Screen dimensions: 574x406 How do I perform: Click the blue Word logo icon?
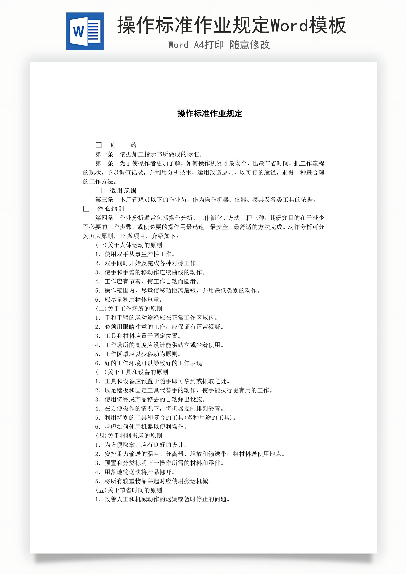(x=85, y=32)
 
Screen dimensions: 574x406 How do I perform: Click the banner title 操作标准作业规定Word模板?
(x=232, y=25)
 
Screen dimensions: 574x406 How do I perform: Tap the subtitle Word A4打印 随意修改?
(x=219, y=45)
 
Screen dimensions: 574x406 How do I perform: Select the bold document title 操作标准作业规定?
(x=210, y=114)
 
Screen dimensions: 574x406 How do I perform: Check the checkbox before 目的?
(x=99, y=145)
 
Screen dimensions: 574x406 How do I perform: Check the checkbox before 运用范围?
(x=99, y=191)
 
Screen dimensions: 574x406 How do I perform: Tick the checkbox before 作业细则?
(x=86, y=209)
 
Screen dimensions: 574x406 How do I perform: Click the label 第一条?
(x=104, y=154)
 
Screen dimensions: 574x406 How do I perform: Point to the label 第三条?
(x=104, y=200)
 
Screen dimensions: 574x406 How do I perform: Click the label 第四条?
(x=104, y=218)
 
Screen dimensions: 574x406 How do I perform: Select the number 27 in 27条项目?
(x=122, y=236)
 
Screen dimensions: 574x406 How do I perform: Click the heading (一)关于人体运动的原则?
(x=129, y=245)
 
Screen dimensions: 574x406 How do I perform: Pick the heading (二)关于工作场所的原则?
(x=129, y=309)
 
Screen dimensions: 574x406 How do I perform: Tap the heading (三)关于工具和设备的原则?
(x=132, y=372)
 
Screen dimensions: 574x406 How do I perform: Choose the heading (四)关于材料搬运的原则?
(x=129, y=435)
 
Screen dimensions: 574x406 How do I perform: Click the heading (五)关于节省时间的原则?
(x=129, y=490)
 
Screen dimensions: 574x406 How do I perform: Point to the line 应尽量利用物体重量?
(x=133, y=299)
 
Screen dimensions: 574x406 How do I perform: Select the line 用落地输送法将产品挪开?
(x=140, y=472)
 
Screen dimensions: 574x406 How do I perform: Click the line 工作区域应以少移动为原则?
(x=143, y=354)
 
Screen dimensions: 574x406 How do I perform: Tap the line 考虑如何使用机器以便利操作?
(x=145, y=427)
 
